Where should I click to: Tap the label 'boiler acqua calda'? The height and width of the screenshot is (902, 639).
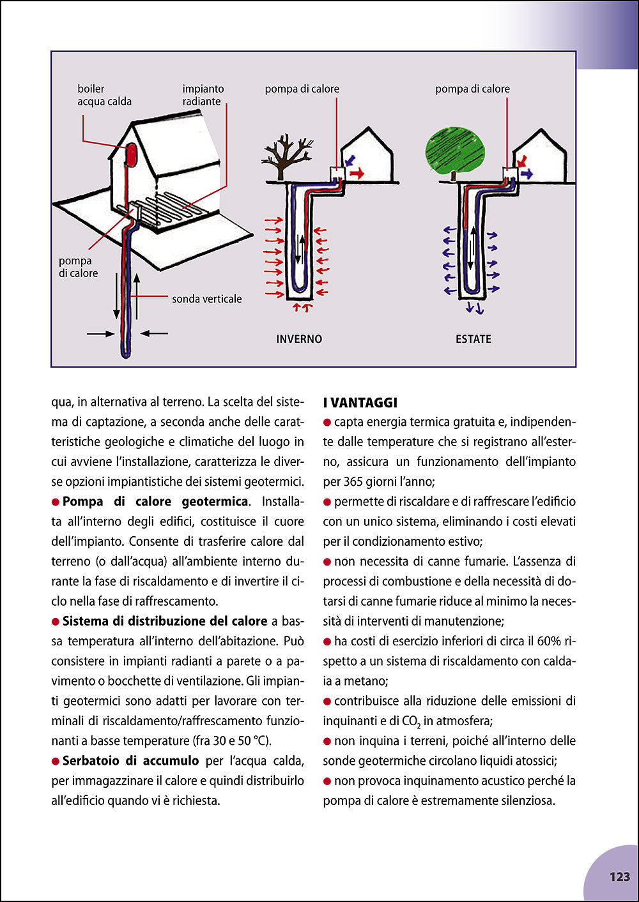pos(104,95)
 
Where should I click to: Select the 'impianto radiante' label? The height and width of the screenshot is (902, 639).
pos(203,95)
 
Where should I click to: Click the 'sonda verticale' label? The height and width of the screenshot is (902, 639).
pos(206,299)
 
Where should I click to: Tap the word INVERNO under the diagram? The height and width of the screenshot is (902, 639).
pos(299,339)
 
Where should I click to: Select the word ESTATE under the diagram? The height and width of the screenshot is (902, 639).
pos(473,339)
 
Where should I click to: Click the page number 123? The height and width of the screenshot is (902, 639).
pos(619,876)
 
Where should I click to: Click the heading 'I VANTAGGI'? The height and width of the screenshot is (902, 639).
pos(360,402)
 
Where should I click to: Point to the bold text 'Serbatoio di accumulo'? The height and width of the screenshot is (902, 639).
pos(130,760)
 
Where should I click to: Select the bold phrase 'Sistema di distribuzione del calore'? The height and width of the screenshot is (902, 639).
pos(165,621)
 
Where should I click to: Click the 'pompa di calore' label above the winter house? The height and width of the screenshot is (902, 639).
pos(302,89)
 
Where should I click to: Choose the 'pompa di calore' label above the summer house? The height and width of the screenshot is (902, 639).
pos(472,89)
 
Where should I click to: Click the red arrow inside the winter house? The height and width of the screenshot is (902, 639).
pos(357,173)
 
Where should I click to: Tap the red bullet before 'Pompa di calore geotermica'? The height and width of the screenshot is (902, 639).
pos(56,502)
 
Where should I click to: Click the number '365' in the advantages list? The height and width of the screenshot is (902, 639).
pos(355,481)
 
